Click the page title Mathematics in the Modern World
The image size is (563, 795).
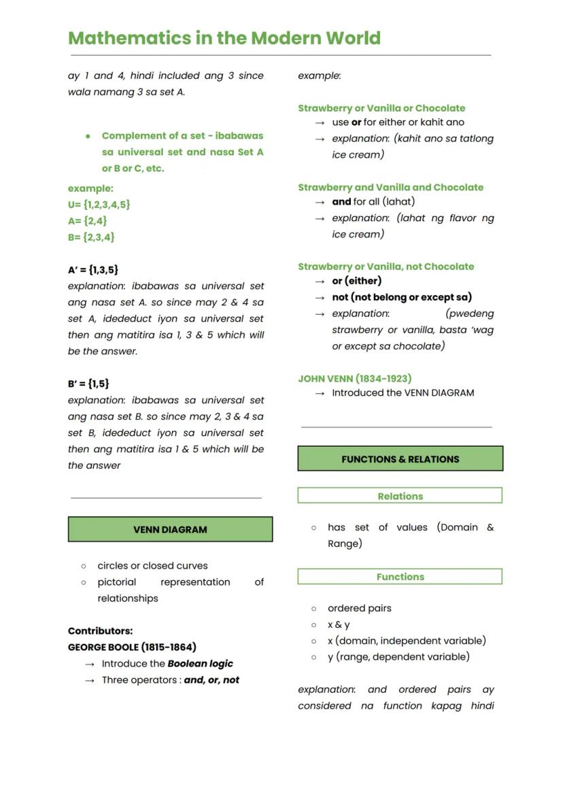point(224,38)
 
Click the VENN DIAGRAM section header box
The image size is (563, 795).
point(170,529)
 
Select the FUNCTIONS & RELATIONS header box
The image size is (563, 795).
point(400,459)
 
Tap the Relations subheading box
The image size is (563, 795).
point(400,496)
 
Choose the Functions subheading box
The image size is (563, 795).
point(400,577)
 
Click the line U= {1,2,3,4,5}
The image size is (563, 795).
point(99,204)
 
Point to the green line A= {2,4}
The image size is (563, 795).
point(88,220)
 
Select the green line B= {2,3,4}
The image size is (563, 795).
point(91,237)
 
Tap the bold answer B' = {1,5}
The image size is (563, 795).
point(88,384)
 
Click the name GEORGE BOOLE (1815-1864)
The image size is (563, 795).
point(132,647)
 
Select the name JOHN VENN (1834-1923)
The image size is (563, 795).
point(354,378)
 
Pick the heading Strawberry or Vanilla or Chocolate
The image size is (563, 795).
point(381,108)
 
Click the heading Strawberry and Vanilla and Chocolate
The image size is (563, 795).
point(390,187)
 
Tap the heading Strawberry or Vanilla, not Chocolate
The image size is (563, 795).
point(386,267)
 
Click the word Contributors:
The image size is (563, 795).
point(100,630)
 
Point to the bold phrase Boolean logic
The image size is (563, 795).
point(201,663)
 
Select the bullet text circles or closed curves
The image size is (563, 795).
point(152,565)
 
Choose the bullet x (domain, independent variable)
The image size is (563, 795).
point(407,641)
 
